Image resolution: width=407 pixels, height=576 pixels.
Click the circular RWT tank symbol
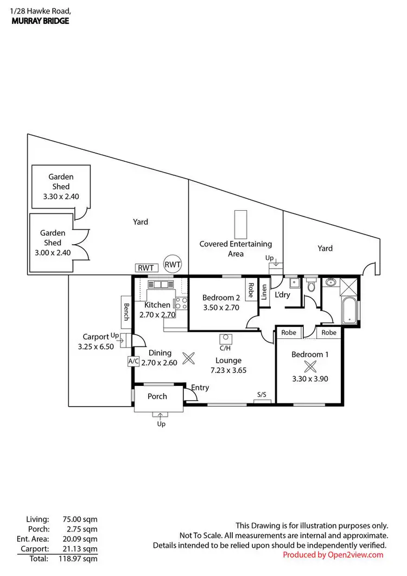[x=173, y=264]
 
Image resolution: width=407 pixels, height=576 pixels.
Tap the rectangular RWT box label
[x=145, y=268]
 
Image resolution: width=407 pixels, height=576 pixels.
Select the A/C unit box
[x=133, y=360]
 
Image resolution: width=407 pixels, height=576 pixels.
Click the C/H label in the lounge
[x=226, y=349]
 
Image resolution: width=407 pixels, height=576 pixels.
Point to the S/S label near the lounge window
[x=262, y=395]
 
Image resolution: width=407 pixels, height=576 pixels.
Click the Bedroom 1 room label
[x=310, y=355]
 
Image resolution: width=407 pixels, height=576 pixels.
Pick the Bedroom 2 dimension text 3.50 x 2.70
[x=221, y=307]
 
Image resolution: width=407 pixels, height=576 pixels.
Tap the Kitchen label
[x=158, y=305]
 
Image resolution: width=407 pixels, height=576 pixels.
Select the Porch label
[x=157, y=396]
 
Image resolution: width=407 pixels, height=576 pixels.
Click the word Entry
[x=200, y=388]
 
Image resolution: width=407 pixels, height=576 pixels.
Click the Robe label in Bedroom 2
[x=251, y=292]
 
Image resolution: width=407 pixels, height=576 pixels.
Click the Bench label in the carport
[x=126, y=312]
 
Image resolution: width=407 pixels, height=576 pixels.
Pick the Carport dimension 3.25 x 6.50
[x=96, y=346]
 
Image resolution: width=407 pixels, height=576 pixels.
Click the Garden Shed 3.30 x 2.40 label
[x=61, y=186]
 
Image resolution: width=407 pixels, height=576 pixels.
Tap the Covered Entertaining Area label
[x=236, y=249]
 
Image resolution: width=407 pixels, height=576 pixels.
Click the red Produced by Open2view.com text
[x=333, y=554]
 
